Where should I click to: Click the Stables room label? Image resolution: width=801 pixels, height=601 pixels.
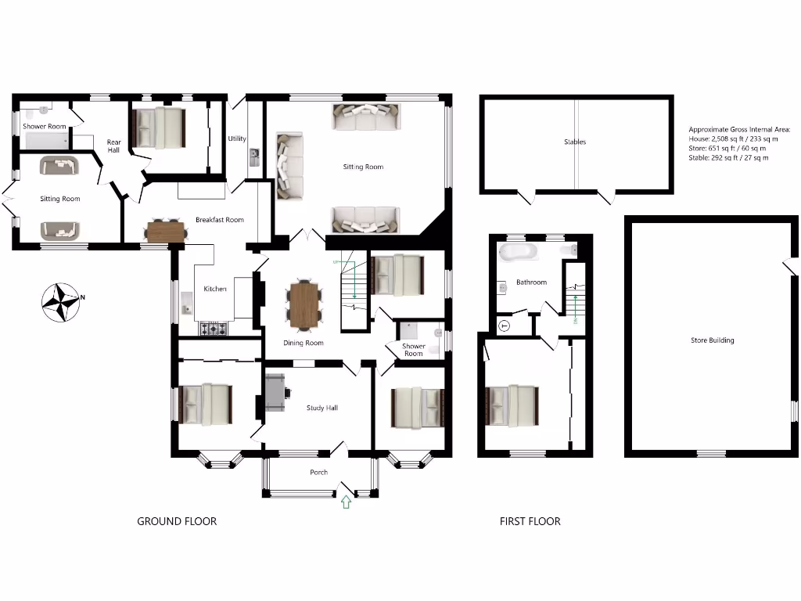coord(575,142)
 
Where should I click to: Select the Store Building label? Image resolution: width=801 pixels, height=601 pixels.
coord(712,340)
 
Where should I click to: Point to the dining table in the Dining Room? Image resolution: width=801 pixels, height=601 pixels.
coord(304,304)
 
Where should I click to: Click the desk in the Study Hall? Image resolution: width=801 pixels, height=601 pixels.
coord(276,392)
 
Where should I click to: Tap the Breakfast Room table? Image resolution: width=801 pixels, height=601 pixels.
coord(167,231)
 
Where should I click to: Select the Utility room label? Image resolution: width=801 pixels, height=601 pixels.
coord(237,139)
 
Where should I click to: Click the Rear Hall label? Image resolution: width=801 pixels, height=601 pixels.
coord(113,146)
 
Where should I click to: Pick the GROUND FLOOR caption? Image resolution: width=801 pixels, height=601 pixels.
coord(177,521)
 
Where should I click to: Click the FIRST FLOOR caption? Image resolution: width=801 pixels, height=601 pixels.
coord(530,521)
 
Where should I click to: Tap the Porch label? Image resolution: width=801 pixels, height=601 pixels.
coord(319,472)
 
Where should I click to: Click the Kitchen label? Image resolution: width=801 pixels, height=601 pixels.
coord(215,289)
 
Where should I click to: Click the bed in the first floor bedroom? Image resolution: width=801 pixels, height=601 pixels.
coord(512,405)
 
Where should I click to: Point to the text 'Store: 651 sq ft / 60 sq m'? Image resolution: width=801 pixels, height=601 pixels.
coord(727,148)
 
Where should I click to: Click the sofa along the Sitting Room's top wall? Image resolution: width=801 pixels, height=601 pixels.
coord(366,117)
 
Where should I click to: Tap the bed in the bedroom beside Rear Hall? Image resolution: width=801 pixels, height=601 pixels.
coord(160,128)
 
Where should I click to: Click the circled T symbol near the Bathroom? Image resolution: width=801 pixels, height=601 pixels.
coord(504,326)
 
